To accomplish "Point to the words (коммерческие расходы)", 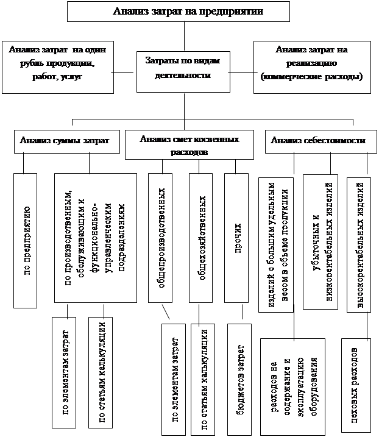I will click(x=311, y=77).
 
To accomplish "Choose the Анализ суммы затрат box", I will click(x=64, y=140).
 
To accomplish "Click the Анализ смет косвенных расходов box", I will click(x=188, y=145).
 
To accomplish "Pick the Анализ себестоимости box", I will click(x=315, y=140).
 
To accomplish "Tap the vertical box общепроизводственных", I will click(x=162, y=237).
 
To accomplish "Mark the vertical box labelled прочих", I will click(x=238, y=237).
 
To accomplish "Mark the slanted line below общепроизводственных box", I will click(x=165, y=311).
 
